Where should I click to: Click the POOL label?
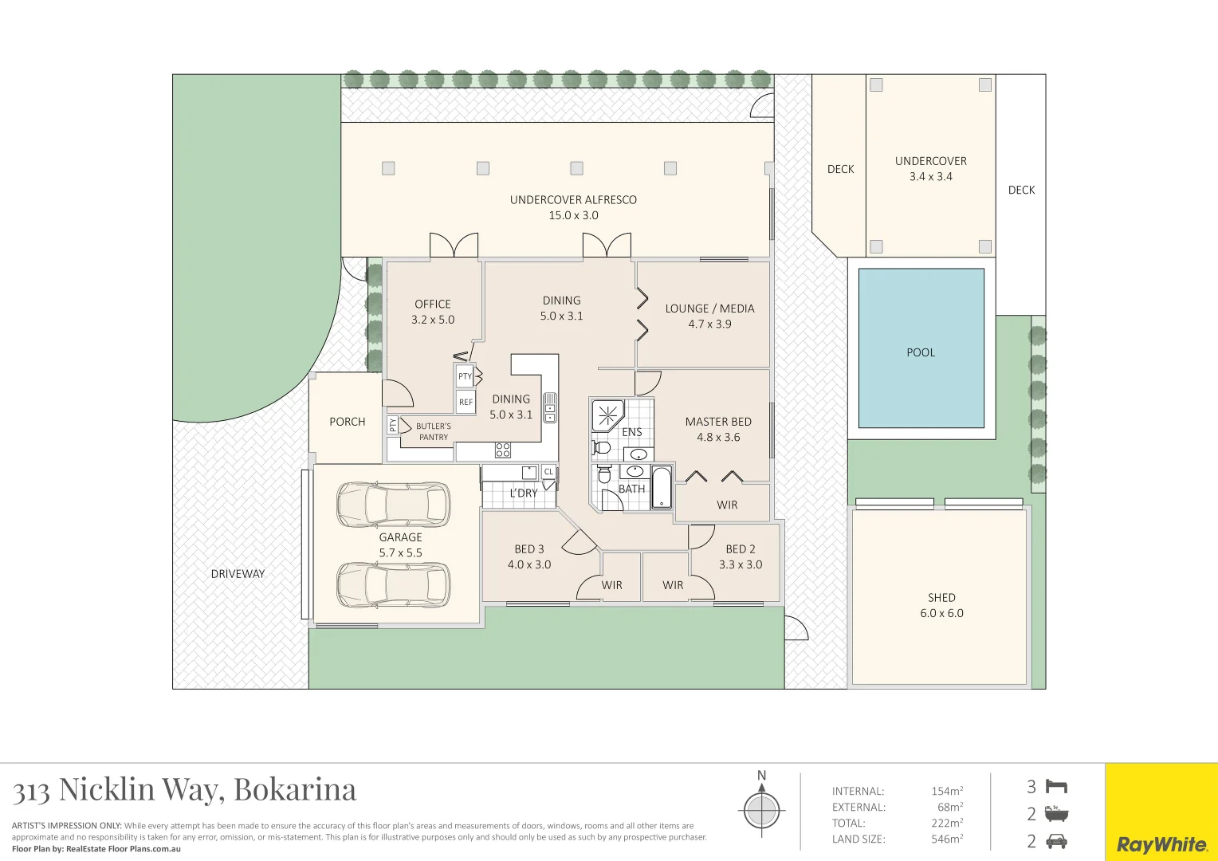pyautogui.click(x=921, y=352)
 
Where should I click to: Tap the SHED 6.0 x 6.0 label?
pyautogui.click(x=941, y=605)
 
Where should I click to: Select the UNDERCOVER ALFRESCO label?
pyautogui.click(x=573, y=200)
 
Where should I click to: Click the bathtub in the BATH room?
pyautogui.click(x=662, y=488)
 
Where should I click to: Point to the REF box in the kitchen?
pyautogui.click(x=466, y=402)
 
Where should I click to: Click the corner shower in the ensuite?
pyautogui.click(x=607, y=415)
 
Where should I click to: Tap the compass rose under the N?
pyautogui.click(x=761, y=811)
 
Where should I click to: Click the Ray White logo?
pyautogui.click(x=1161, y=844)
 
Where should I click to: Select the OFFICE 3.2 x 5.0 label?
pyautogui.click(x=433, y=312)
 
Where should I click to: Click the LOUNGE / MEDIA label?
pyautogui.click(x=709, y=309)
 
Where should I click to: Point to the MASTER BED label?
pyautogui.click(x=718, y=422)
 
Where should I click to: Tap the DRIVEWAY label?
pyautogui.click(x=238, y=574)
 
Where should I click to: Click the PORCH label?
pyautogui.click(x=348, y=422)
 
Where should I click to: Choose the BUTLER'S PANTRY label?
pyautogui.click(x=434, y=431)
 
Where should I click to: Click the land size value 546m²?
pyautogui.click(x=946, y=839)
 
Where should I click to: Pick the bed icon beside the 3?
pyautogui.click(x=1056, y=787)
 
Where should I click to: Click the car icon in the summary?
pyautogui.click(x=1056, y=840)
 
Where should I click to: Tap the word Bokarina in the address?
pyautogui.click(x=295, y=789)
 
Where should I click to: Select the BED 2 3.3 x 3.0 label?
pyautogui.click(x=741, y=556)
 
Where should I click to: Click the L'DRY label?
pyautogui.click(x=524, y=493)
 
